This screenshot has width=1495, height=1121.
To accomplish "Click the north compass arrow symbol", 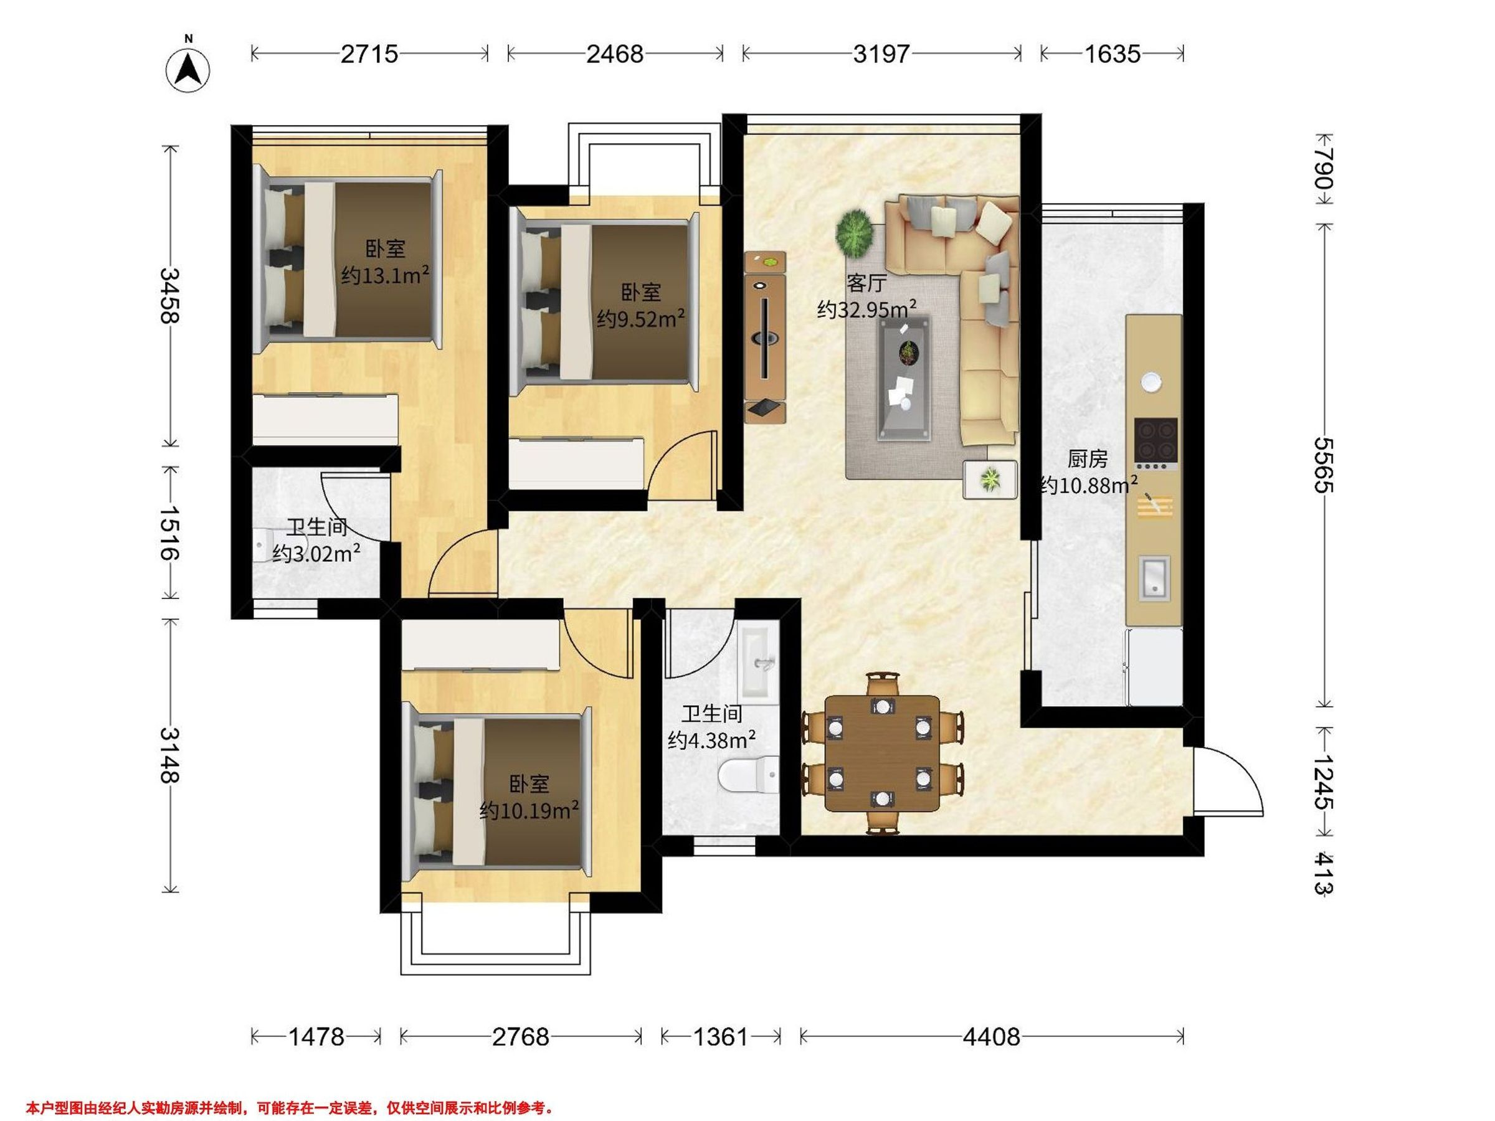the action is [188, 70].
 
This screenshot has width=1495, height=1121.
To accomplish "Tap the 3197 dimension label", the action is [881, 54].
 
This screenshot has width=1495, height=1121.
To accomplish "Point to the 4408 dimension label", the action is [992, 1036].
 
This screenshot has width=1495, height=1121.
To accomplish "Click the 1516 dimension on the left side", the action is [169, 532].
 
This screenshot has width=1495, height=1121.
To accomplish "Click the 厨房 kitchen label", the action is [1088, 460].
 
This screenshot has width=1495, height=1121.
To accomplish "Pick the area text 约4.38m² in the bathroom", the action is [711, 740].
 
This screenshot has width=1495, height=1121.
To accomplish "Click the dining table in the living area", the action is [882, 753].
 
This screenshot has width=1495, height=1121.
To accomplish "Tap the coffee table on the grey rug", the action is [904, 379].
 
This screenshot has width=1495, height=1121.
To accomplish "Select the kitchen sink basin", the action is [1154, 578].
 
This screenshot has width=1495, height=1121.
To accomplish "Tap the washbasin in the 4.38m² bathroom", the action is [760, 663].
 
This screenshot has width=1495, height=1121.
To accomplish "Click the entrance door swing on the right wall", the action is [1227, 781].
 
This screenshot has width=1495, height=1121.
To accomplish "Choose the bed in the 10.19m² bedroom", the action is [496, 793].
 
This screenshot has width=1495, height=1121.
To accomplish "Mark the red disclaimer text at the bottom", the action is [290, 1089].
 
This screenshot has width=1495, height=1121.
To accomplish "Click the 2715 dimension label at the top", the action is [369, 54].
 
